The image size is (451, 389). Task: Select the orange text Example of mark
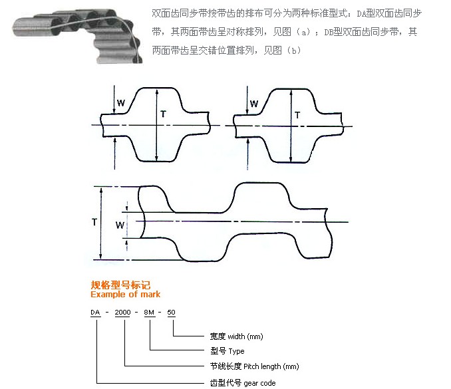[125, 294]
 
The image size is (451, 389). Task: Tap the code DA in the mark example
[96, 313]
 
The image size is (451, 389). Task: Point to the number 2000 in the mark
[124, 313]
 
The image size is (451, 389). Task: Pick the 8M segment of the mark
[151, 313]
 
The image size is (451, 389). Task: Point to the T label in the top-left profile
[163, 115]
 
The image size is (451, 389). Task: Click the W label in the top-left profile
[121, 103]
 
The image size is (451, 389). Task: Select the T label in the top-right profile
[297, 115]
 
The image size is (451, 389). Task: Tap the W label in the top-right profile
[254, 104]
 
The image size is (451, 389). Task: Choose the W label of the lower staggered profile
[120, 225]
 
